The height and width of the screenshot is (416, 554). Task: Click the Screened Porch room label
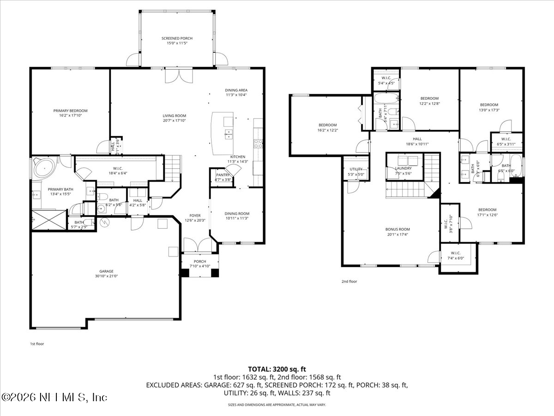tap(177, 38)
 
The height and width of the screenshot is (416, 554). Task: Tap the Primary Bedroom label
tap(70, 111)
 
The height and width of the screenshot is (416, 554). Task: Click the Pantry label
tap(223, 175)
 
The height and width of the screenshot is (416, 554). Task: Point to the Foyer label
tap(195, 216)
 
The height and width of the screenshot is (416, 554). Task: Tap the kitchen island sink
tap(228, 135)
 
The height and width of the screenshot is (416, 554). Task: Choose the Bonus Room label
tap(397, 229)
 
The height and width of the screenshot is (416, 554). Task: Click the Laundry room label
tap(403, 168)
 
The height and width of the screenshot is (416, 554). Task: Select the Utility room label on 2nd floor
tap(356, 169)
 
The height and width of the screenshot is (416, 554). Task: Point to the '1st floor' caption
tap(37, 344)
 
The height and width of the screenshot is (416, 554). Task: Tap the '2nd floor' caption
tap(349, 281)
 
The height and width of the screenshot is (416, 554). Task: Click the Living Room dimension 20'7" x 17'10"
tap(174, 121)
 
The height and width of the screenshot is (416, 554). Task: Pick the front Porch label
tap(200, 262)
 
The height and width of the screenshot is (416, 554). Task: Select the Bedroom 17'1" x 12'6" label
tap(487, 209)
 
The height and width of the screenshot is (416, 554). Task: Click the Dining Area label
tap(236, 90)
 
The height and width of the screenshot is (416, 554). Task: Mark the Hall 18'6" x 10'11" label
tap(417, 139)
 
